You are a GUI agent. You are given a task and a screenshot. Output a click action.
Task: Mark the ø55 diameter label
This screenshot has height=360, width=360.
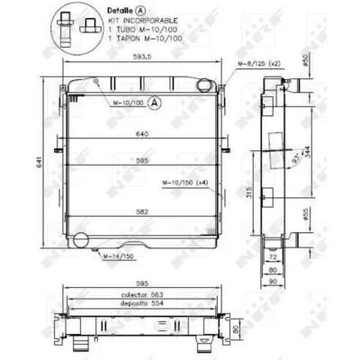(305, 215)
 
